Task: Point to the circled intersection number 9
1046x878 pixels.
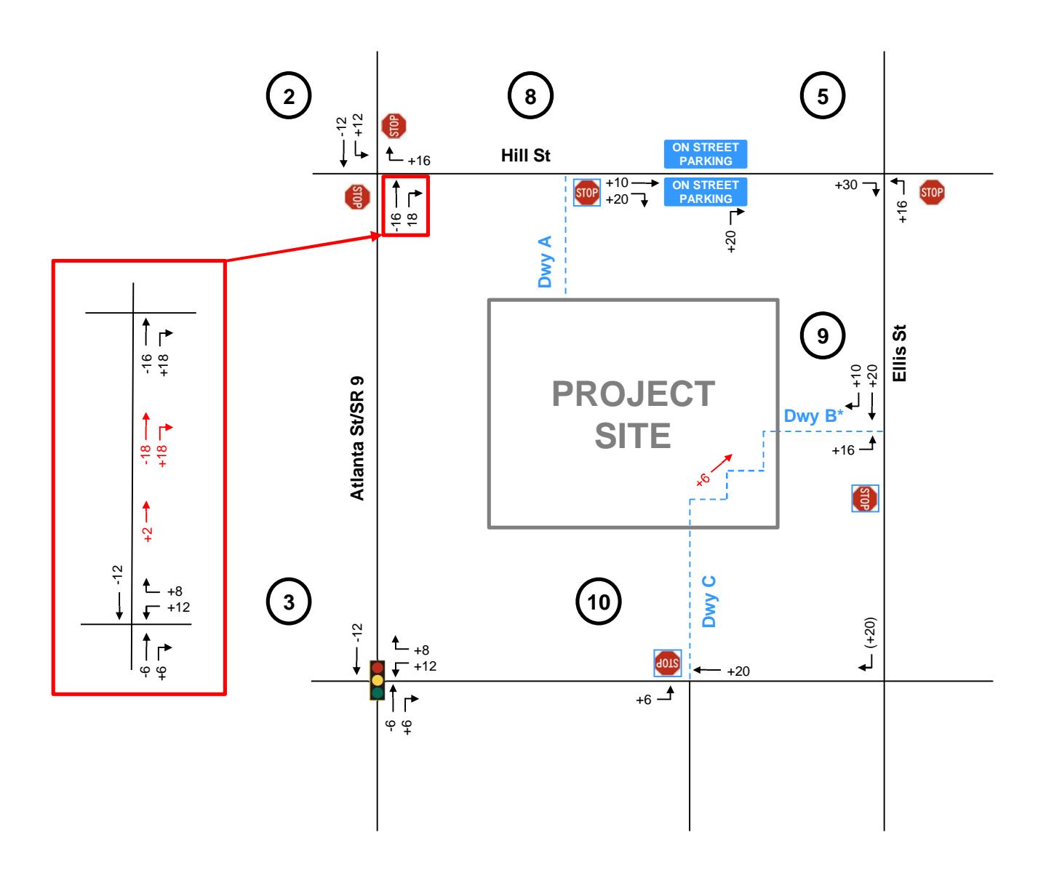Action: pos(823,335)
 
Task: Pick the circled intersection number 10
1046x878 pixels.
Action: pos(599,602)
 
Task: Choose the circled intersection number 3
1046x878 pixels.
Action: pos(289,602)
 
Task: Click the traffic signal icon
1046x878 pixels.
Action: pos(377,680)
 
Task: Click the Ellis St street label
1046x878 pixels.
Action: pos(904,353)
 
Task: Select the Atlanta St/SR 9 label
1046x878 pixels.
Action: pos(356,439)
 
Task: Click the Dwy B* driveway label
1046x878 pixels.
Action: pos(813,416)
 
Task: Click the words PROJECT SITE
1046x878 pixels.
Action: pos(633,415)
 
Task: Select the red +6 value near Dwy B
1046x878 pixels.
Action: pos(702,478)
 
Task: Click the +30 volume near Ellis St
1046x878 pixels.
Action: pos(847,186)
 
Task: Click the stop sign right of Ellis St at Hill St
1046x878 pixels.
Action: pos(932,193)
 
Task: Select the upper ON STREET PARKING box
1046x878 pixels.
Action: pos(706,154)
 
